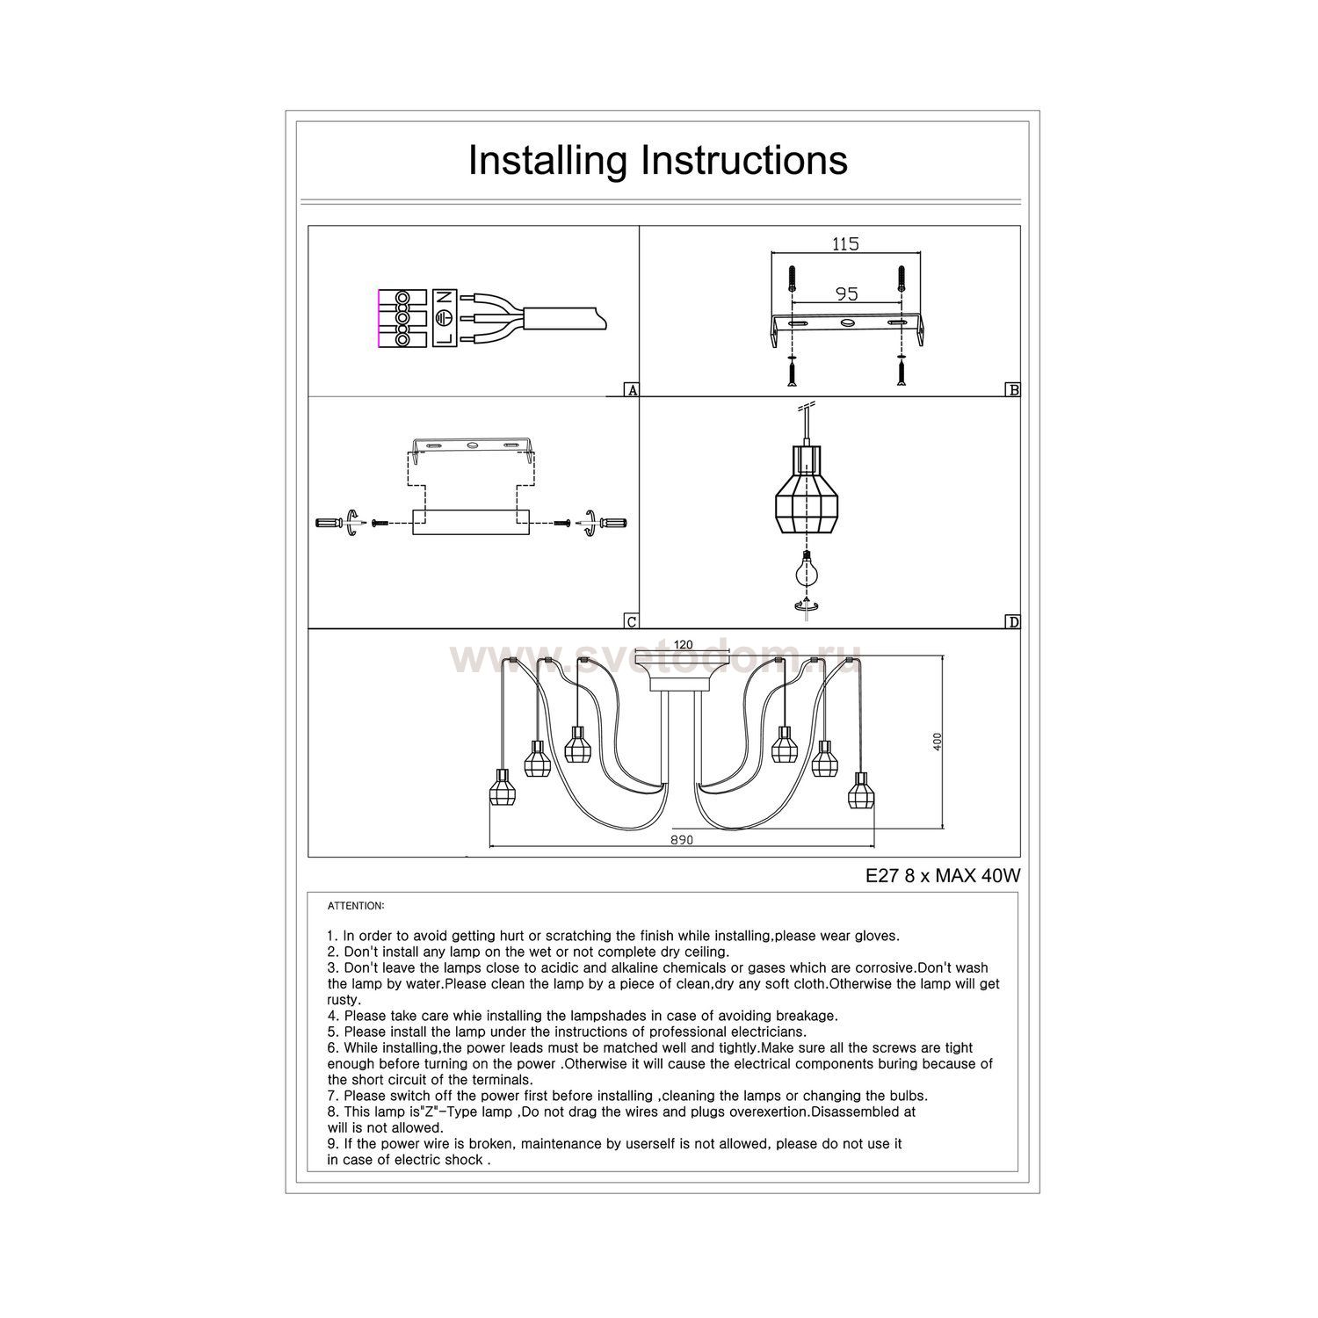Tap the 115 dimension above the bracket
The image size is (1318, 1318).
click(x=845, y=244)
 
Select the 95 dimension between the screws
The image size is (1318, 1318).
click(x=846, y=293)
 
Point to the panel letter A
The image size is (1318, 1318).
click(x=631, y=390)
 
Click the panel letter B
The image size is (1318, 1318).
click(x=1013, y=390)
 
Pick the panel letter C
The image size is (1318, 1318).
click(x=631, y=622)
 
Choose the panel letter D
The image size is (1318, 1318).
click(x=1013, y=622)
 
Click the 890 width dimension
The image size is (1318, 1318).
click(x=682, y=840)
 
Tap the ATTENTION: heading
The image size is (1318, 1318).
click(x=356, y=905)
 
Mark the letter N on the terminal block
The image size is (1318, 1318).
click(x=444, y=297)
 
